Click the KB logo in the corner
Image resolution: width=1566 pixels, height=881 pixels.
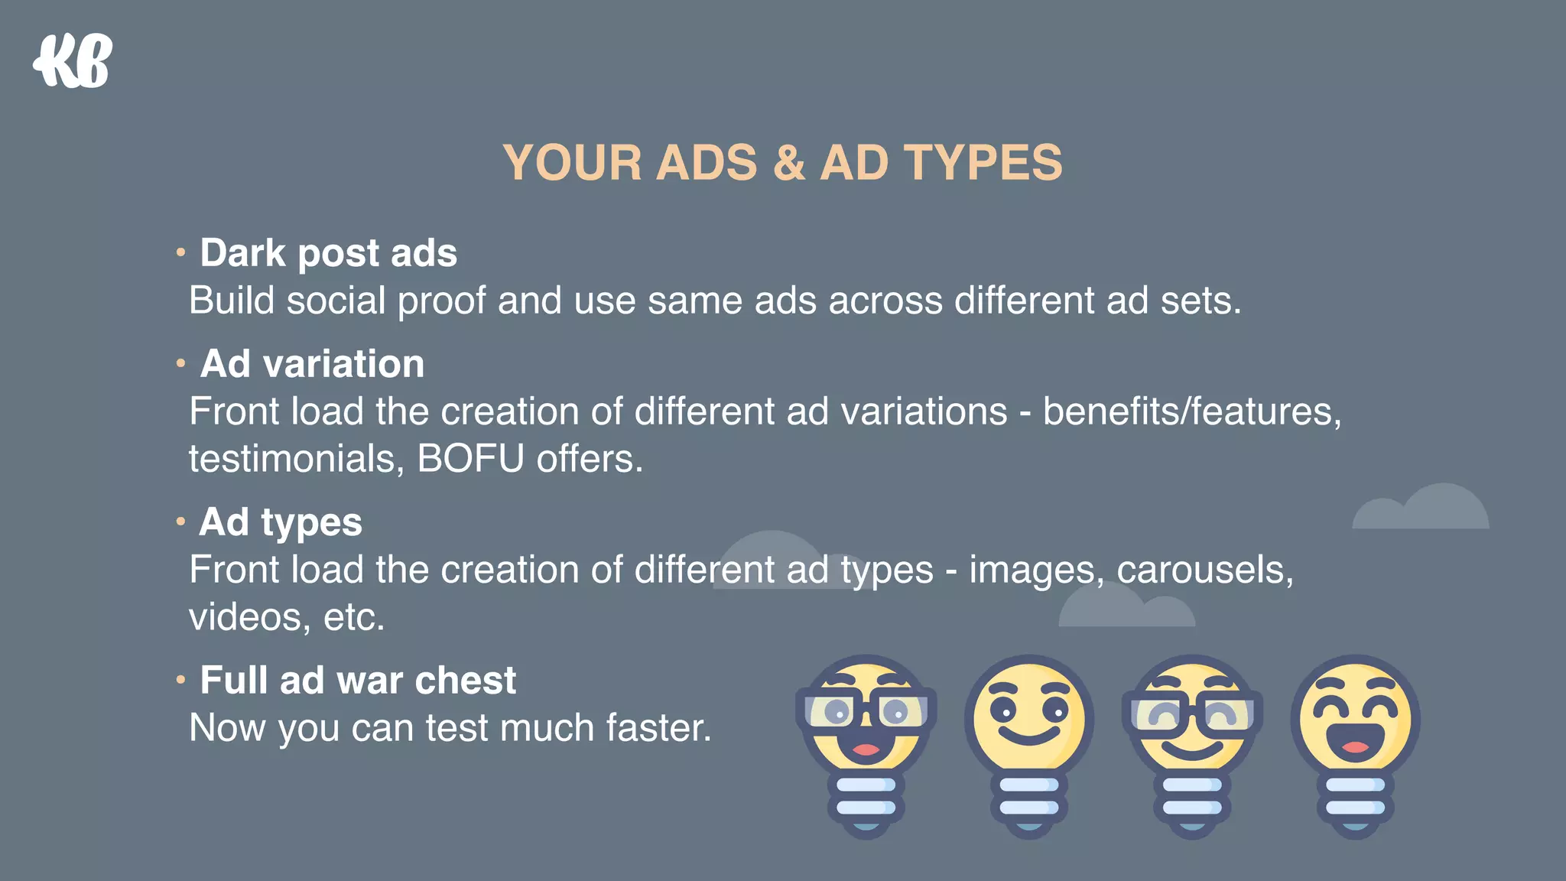[73, 61]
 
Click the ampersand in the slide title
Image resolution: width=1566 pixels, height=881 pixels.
[788, 163]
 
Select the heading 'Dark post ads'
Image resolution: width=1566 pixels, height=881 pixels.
[328, 253]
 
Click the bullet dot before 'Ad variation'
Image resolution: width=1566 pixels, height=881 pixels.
[180, 362]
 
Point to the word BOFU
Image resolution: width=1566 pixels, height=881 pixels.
[470, 459]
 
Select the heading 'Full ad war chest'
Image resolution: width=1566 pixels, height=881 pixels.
[358, 681]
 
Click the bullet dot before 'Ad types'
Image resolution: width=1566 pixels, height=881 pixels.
[180, 522]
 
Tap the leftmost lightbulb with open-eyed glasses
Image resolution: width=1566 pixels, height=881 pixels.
[866, 742]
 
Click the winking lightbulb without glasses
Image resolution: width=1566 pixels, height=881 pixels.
[1028, 742]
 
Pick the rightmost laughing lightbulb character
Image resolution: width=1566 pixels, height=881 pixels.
[1355, 742]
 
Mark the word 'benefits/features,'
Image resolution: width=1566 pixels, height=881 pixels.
[1191, 411]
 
